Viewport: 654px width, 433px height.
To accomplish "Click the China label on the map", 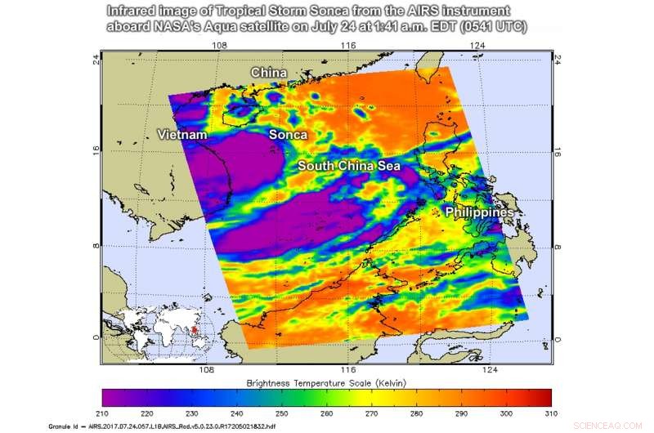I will pyautogui.click(x=268, y=74).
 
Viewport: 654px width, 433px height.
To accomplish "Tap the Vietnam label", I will pyautogui.click(x=181, y=134).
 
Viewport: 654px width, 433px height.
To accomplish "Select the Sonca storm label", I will pyautogui.click(x=289, y=134).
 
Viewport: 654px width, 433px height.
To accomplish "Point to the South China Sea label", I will pyautogui.click(x=349, y=166).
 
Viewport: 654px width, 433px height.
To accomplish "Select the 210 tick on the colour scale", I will pyautogui.click(x=103, y=413).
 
